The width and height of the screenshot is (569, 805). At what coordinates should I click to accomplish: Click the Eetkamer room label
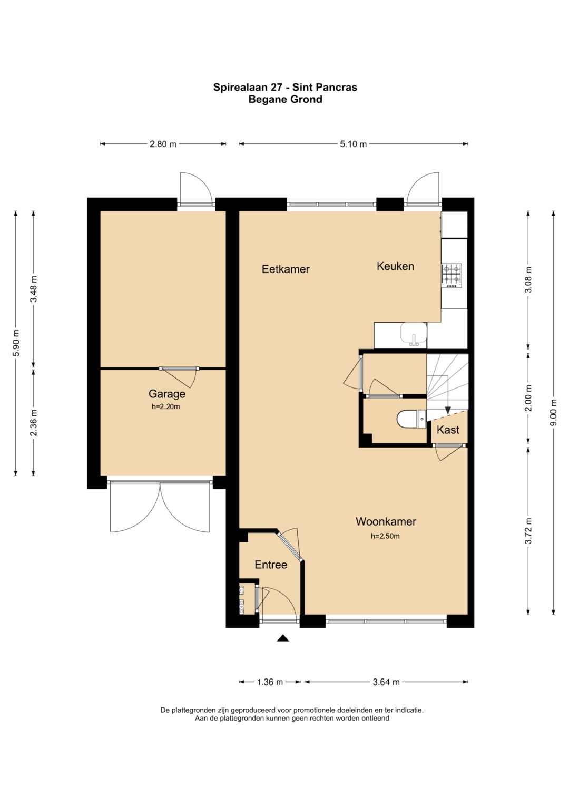[286, 269]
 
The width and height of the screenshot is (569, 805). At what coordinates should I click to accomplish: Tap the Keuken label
[395, 266]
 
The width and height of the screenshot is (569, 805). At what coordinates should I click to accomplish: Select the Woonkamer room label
[386, 521]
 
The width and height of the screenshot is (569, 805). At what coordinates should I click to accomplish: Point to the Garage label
[166, 394]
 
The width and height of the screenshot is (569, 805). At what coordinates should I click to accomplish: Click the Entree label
[271, 565]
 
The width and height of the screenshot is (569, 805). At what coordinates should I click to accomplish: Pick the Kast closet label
[448, 430]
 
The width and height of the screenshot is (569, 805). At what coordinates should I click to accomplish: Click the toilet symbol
[411, 419]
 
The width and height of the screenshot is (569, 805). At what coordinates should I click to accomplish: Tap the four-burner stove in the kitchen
[452, 276]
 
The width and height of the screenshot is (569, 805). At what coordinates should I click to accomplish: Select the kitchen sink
[414, 334]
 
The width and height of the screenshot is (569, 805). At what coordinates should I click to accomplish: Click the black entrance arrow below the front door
[283, 638]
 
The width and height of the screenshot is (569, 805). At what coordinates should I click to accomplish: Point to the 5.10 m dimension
[353, 144]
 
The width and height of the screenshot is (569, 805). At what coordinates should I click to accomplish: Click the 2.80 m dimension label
[163, 144]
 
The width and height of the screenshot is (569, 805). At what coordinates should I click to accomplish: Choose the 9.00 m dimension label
[554, 413]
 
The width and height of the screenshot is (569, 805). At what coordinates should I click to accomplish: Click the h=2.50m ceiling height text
[386, 536]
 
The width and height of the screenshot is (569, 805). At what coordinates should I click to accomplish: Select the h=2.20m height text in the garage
[165, 407]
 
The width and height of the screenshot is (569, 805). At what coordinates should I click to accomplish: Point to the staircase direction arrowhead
[448, 410]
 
